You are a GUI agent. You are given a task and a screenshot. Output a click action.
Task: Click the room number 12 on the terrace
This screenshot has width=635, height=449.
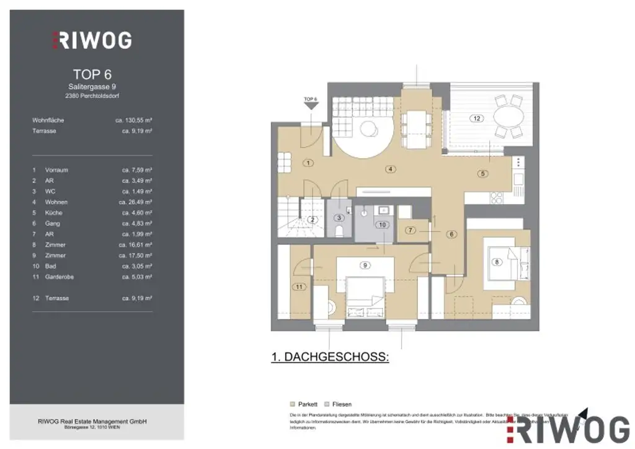pyautogui.click(x=476, y=118)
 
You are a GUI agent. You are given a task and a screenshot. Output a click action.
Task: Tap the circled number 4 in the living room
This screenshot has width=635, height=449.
pyautogui.click(x=390, y=169)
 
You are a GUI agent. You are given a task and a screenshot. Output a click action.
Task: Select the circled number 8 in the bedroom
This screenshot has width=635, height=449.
pyautogui.click(x=496, y=262)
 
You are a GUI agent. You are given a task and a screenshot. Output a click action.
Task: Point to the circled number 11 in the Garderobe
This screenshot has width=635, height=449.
pyautogui.click(x=300, y=287)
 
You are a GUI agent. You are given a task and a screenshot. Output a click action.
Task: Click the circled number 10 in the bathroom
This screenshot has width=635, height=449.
pyautogui.click(x=383, y=225)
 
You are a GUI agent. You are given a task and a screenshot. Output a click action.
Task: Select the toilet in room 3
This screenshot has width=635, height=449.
pyautogui.click(x=339, y=231)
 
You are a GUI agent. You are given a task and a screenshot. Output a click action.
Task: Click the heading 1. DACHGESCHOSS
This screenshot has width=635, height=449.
pyautogui.click(x=330, y=357)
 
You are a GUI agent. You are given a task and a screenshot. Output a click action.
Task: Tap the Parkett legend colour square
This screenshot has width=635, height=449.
pyautogui.click(x=293, y=404)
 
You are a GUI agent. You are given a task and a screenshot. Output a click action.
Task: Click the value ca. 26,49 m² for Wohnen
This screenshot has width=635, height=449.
pyautogui.click(x=136, y=202)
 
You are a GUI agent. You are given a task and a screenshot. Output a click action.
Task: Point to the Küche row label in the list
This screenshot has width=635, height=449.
pyautogui.click(x=54, y=213)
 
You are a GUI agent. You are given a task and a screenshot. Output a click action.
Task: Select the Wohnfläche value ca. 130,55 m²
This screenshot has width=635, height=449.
pyautogui.click(x=134, y=120)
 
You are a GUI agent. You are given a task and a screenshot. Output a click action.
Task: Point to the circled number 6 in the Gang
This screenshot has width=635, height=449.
pyautogui.click(x=451, y=234)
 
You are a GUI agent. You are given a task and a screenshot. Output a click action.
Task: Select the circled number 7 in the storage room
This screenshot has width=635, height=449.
pyautogui.click(x=411, y=230)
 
